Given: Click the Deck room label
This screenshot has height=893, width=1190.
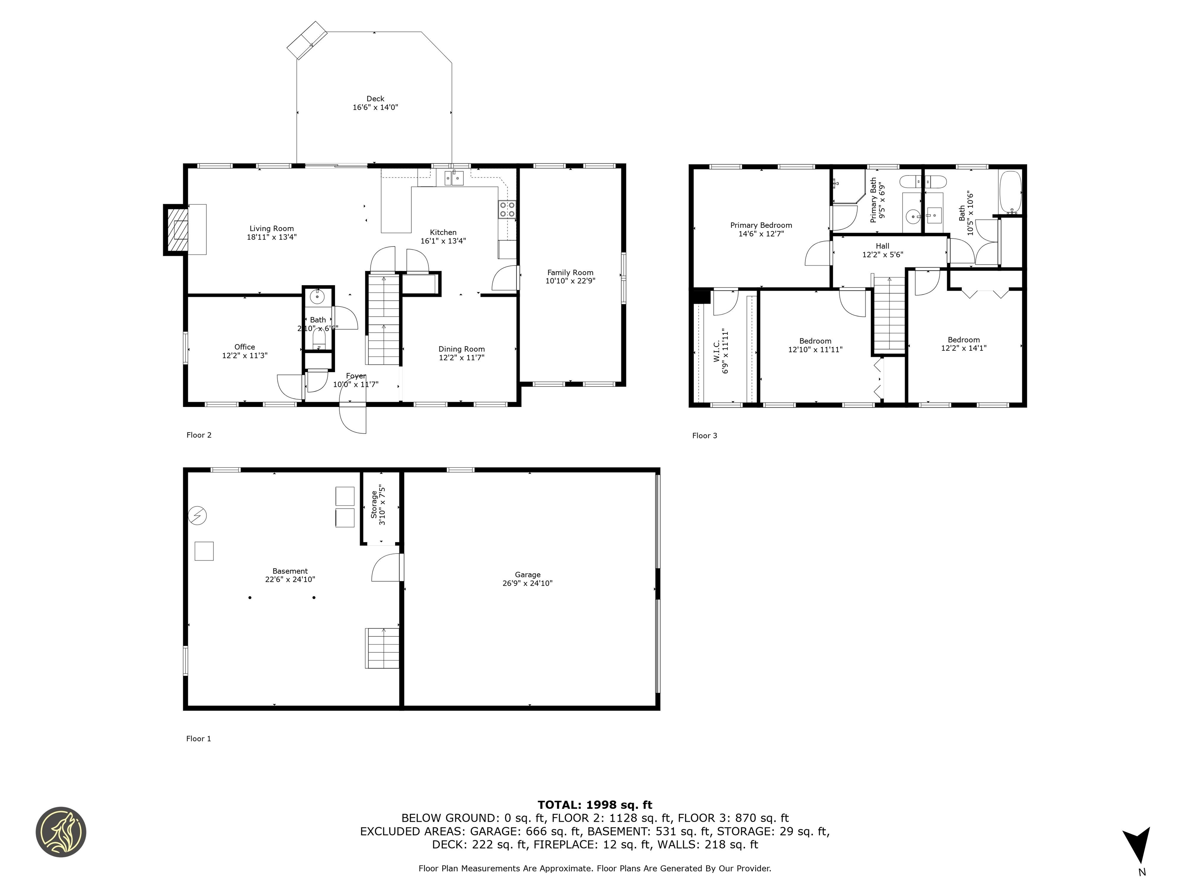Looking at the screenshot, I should (x=375, y=98).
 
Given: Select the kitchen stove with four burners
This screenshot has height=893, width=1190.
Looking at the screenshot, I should (x=507, y=209).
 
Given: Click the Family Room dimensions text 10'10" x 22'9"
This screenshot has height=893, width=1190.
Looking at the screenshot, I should (x=570, y=281).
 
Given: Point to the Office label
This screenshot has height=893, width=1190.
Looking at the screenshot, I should (x=244, y=347).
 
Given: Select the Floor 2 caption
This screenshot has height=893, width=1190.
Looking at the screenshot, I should (x=199, y=435).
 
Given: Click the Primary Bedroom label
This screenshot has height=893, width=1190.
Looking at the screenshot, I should (x=761, y=225).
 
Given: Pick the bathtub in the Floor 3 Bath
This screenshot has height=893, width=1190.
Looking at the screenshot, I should (x=1010, y=193).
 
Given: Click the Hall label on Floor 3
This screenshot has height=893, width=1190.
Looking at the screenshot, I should (x=882, y=246).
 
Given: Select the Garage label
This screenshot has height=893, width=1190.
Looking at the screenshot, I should (x=527, y=574).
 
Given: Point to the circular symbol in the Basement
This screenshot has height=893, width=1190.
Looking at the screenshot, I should (x=198, y=515).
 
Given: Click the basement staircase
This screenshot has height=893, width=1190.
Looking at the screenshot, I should (x=382, y=648).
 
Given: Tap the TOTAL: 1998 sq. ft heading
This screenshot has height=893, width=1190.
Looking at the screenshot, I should (x=595, y=805).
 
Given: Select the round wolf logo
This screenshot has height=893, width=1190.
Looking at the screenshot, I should (x=61, y=832).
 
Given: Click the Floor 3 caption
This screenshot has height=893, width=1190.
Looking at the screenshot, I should (x=704, y=436).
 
